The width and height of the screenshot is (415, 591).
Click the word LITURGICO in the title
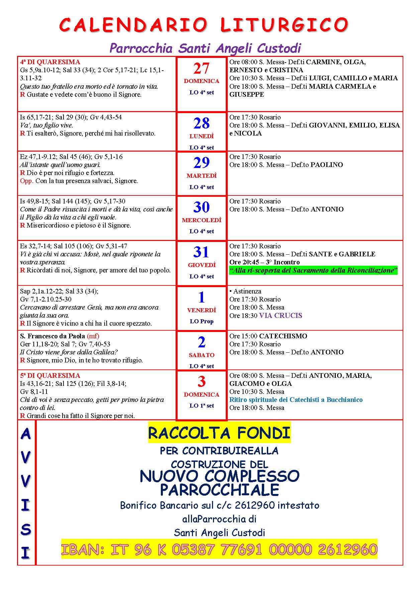tap(284, 25)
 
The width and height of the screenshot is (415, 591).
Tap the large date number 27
tap(201, 69)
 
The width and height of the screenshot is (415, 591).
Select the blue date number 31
tap(201, 252)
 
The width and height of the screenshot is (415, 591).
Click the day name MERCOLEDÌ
tap(202, 221)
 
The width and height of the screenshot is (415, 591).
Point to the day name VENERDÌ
tap(202, 311)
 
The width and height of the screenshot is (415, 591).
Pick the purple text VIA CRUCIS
tap(281, 316)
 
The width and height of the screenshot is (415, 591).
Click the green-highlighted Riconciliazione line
tap(313, 270)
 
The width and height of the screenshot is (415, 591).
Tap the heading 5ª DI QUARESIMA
tap(50, 376)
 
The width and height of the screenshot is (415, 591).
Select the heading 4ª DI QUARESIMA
tap(50, 62)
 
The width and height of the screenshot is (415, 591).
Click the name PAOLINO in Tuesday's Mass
tap(327, 165)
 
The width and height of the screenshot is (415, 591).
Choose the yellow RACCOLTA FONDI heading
tap(219, 433)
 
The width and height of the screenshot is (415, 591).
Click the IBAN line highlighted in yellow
tap(219, 550)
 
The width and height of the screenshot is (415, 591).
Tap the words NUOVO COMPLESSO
tap(219, 476)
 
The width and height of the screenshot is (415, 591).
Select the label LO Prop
tap(202, 322)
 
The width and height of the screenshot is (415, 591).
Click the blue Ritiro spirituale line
tap(296, 400)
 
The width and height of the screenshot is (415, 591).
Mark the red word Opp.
tap(26, 181)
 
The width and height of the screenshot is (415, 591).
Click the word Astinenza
tap(247, 291)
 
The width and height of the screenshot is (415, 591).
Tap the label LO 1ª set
tap(202, 406)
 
